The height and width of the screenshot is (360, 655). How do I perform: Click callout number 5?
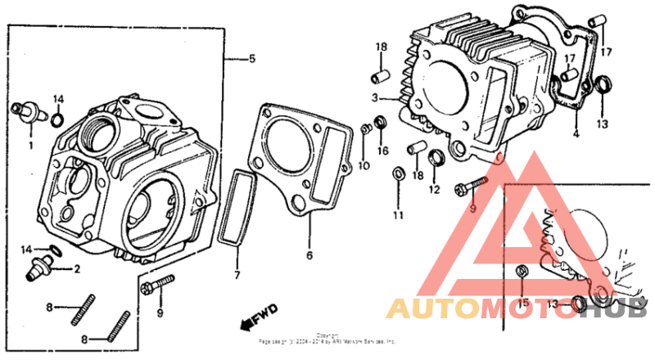(x=252, y=58)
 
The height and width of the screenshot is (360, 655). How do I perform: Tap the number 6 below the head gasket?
(x=309, y=255)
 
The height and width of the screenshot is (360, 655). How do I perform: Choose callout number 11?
(x=397, y=216)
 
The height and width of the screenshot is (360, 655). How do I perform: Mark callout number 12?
(x=434, y=190)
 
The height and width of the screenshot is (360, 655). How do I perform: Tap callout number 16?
(x=382, y=151)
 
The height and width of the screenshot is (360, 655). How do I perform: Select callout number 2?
(x=78, y=268)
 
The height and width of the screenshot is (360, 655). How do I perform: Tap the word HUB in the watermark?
(x=618, y=308)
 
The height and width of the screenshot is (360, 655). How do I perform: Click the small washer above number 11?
(x=398, y=173)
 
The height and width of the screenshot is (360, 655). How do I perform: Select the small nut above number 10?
(x=365, y=128)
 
